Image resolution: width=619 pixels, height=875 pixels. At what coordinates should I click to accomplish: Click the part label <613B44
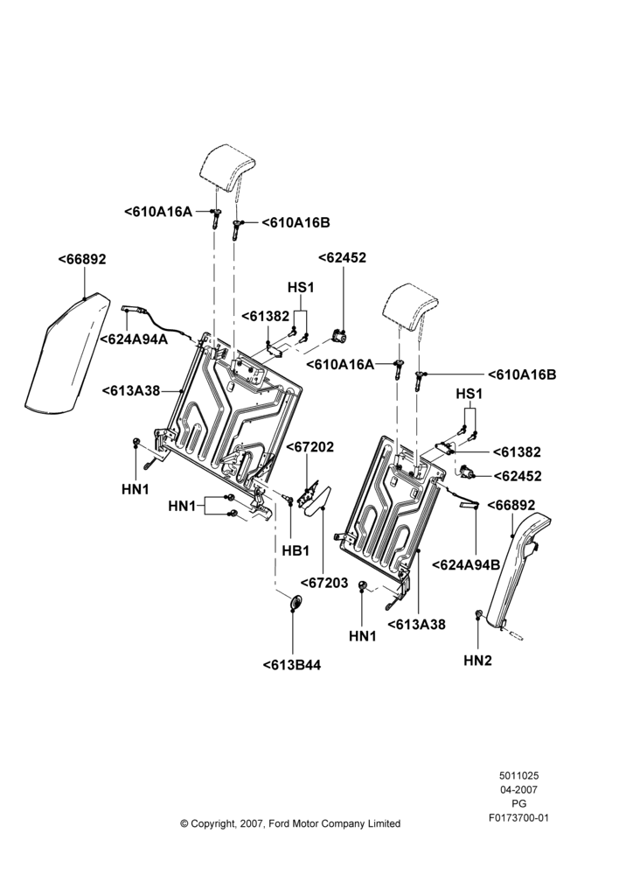click(x=292, y=665)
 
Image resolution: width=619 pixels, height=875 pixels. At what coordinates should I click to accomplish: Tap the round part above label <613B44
click(x=294, y=604)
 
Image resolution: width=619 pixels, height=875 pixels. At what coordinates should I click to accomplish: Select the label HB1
click(x=296, y=550)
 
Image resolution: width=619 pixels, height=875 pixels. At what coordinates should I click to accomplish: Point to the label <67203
click(x=324, y=583)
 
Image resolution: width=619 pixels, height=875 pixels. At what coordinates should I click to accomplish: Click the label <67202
click(x=310, y=447)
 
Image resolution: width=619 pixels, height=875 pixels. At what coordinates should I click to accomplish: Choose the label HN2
click(x=478, y=660)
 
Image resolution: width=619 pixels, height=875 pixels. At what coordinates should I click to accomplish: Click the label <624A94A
click(x=134, y=339)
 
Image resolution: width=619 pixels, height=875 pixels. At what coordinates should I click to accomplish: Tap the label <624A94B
click(x=466, y=564)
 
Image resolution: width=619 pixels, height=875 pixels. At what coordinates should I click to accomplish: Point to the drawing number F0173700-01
click(x=518, y=818)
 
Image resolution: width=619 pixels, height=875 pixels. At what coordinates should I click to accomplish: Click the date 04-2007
click(x=518, y=789)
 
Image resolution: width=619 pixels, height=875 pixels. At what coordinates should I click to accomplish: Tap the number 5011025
click(x=518, y=775)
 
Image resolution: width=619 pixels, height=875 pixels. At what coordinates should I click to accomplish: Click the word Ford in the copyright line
click(x=280, y=823)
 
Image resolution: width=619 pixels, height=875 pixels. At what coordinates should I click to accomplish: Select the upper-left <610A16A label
click(x=158, y=212)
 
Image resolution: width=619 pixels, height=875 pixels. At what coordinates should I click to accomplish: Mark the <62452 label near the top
click(x=343, y=257)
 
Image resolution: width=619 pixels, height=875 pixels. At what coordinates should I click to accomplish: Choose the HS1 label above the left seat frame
click(x=301, y=287)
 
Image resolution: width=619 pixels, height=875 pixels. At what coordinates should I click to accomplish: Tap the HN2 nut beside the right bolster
click(x=479, y=614)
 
